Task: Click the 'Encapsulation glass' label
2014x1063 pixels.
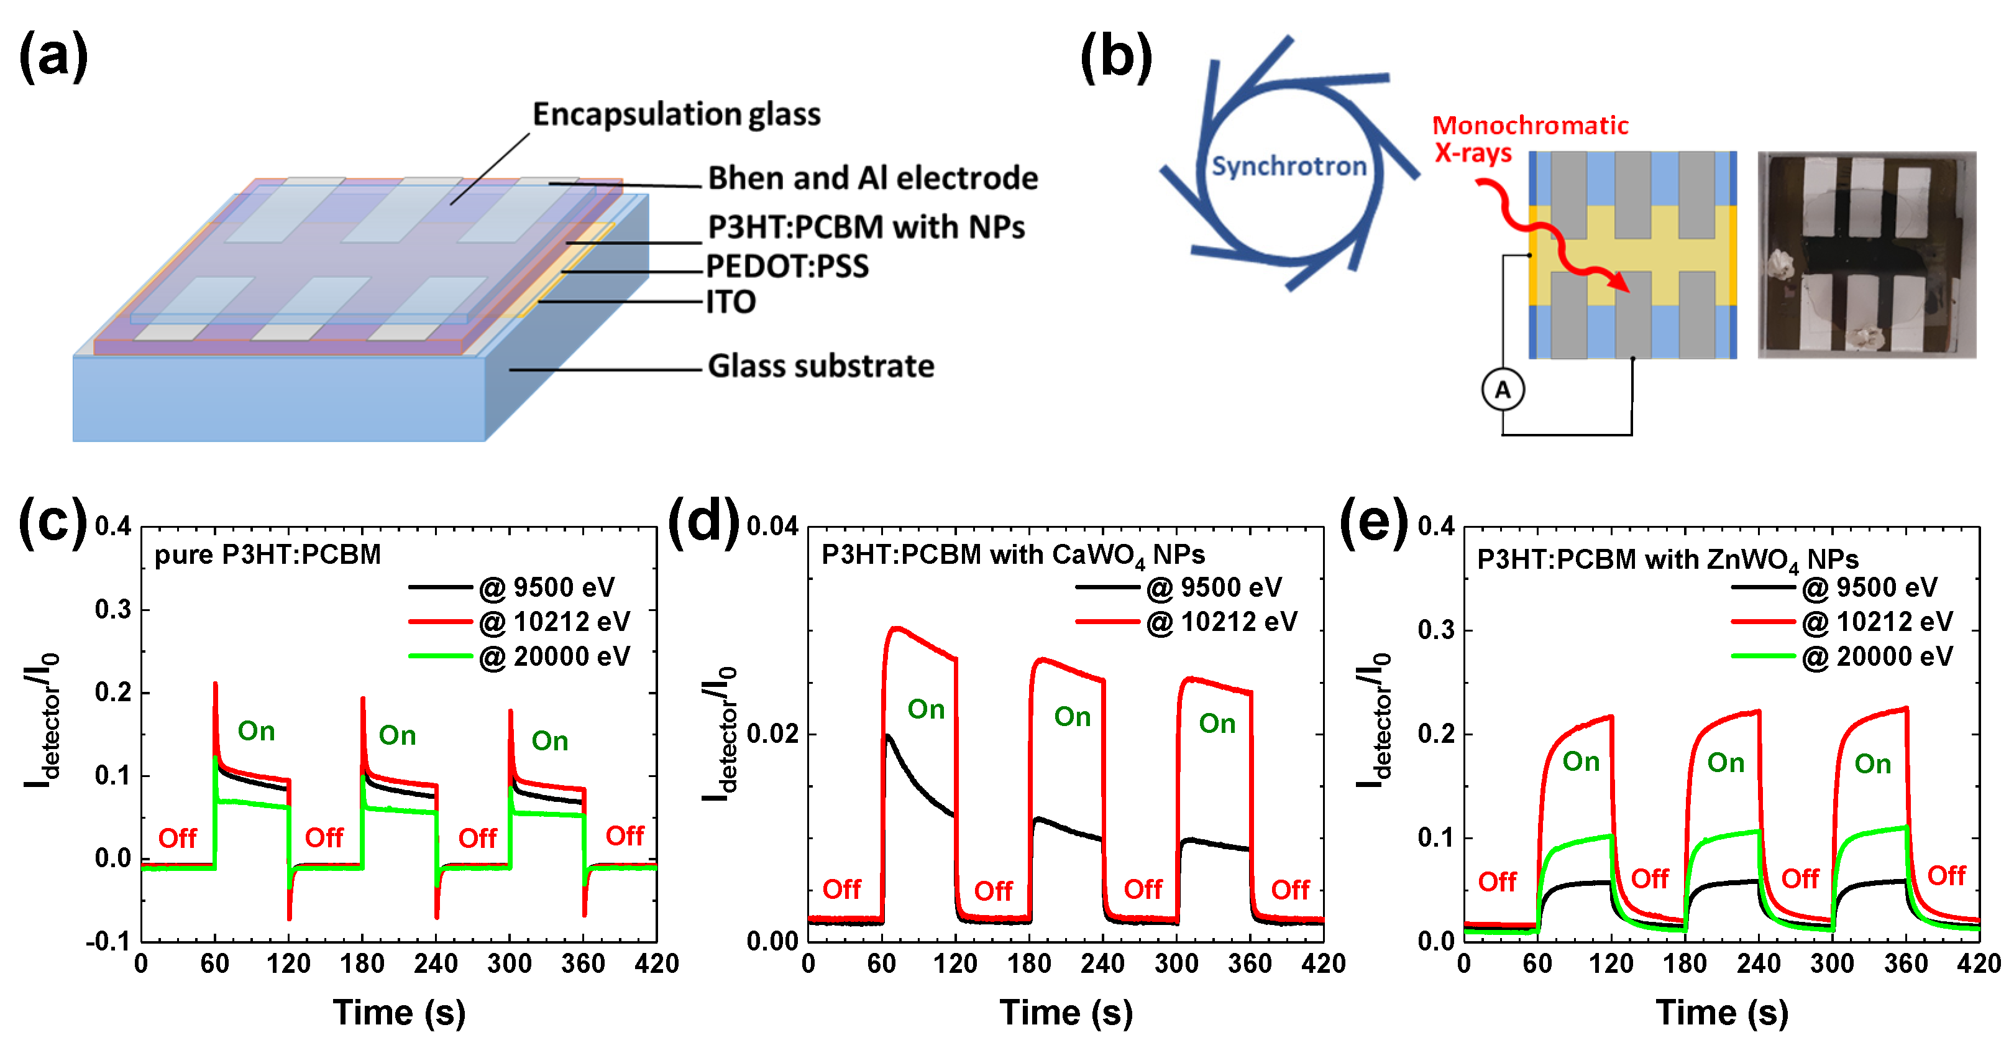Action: coord(676,114)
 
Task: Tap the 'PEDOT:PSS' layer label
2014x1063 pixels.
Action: coord(787,267)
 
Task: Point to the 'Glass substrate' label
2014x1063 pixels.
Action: coord(821,366)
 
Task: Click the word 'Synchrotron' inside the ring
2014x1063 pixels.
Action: coord(1288,166)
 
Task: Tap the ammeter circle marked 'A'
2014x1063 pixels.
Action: coord(1502,390)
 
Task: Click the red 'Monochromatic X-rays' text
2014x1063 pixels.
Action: coord(1529,139)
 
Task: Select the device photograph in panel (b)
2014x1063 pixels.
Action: coord(1866,255)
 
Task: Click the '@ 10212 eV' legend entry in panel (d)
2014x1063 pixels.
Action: coord(1221,622)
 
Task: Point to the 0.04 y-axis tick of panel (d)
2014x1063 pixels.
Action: coord(772,527)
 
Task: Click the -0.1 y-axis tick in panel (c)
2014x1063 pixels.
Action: coord(108,941)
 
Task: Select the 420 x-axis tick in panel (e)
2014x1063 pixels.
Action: coord(1979,964)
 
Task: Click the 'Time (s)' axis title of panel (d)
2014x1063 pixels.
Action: coord(1066,1012)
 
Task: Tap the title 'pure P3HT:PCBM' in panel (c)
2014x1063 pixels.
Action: coord(267,555)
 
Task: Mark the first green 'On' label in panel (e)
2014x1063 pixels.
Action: coord(1581,761)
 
